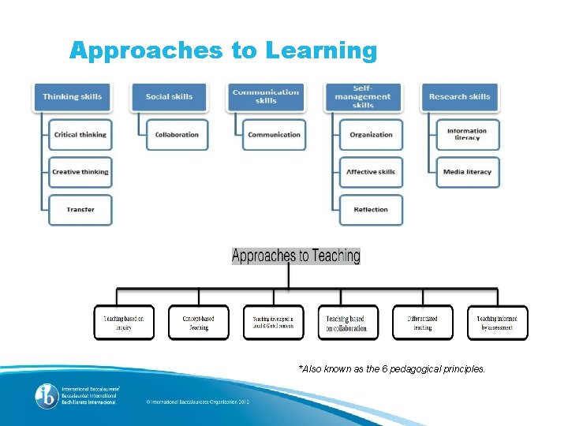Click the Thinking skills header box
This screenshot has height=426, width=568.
click(73, 96)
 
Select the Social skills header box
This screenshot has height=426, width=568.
click(169, 96)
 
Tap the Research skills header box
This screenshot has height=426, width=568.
click(460, 96)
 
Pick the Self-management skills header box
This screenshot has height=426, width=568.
click(363, 96)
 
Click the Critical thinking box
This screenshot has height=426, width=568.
click(80, 135)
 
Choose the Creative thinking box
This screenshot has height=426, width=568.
click(80, 172)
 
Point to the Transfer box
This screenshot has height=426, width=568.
click(80, 210)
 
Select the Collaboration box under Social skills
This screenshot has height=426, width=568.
click(177, 135)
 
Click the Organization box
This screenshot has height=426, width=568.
click(371, 135)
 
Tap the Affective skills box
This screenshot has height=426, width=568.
click(371, 172)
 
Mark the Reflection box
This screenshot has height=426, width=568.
click(371, 210)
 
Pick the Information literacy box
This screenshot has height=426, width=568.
click(467, 135)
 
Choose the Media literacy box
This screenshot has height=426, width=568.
click(467, 172)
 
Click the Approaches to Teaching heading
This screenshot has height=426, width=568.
click(296, 256)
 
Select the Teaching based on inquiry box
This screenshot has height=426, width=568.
click(124, 323)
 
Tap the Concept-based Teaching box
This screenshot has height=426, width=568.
click(198, 323)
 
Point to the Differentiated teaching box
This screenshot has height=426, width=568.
click(423, 323)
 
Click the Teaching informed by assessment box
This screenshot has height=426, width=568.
click(497, 323)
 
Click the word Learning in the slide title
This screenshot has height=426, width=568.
click(322, 50)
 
